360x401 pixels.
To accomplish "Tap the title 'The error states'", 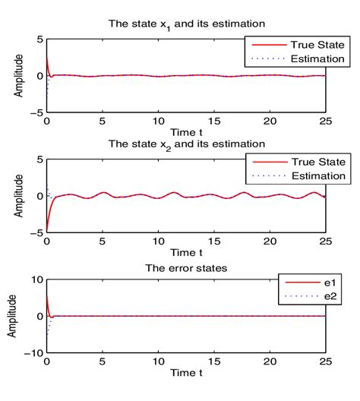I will click(x=186, y=267).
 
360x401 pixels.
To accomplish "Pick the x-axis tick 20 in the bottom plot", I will click(x=269, y=362).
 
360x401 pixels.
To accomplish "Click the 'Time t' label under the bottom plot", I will click(x=186, y=374).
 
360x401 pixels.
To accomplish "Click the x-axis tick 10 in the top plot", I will click(x=158, y=121).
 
